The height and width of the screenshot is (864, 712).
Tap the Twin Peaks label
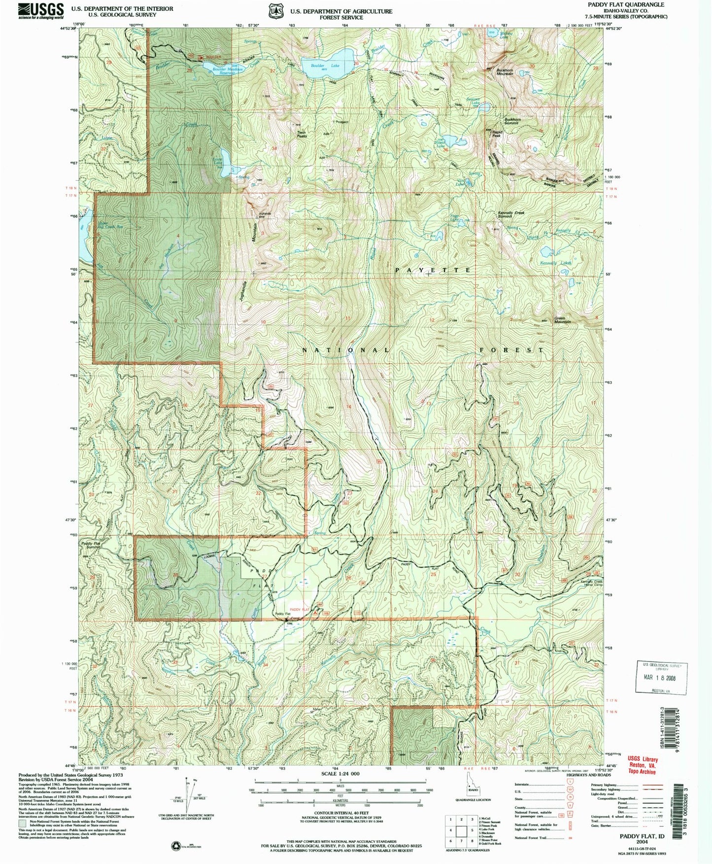(302, 134)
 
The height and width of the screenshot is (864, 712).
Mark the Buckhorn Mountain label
(501, 72)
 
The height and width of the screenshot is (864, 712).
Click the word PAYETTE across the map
(432, 270)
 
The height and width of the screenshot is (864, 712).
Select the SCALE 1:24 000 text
(339, 774)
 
